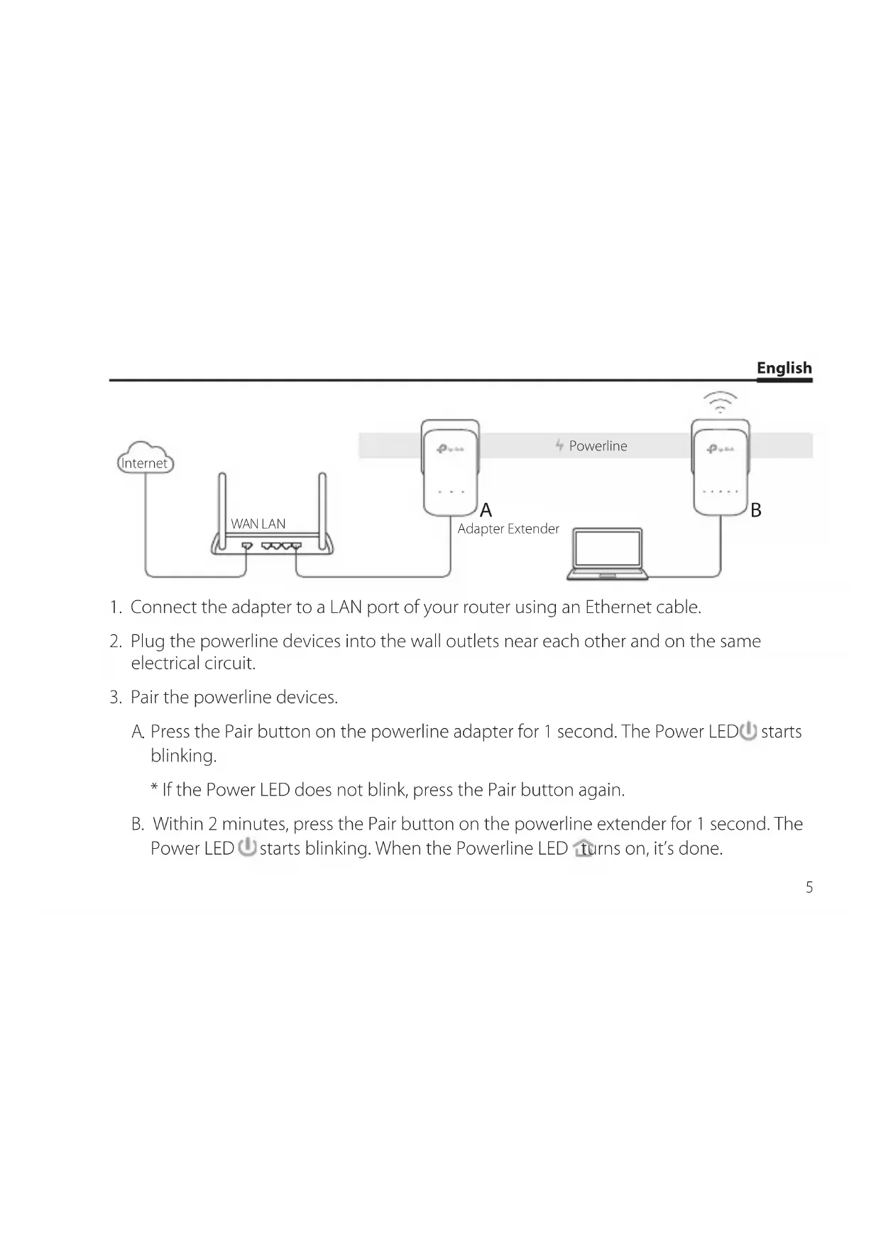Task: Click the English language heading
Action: tap(784, 368)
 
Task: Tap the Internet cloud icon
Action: tap(145, 459)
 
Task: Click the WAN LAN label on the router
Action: tap(258, 524)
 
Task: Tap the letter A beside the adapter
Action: tap(486, 510)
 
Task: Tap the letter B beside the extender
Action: tap(756, 510)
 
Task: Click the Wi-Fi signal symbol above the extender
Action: tap(720, 402)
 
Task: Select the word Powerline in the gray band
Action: tap(598, 446)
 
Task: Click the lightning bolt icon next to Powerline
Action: tap(559, 445)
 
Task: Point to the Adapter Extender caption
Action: tap(508, 529)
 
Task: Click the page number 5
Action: tap(809, 887)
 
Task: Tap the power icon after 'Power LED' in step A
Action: tap(749, 731)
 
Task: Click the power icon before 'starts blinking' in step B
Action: tap(247, 847)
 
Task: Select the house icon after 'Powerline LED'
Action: tap(583, 848)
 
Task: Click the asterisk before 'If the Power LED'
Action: tap(154, 790)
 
